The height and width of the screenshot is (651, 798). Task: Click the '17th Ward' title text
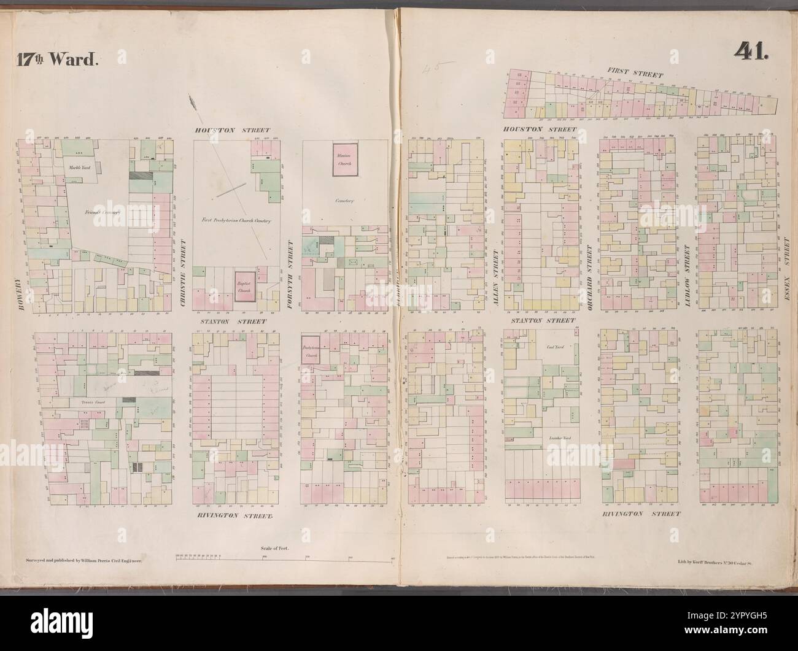pyautogui.click(x=54, y=60)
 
